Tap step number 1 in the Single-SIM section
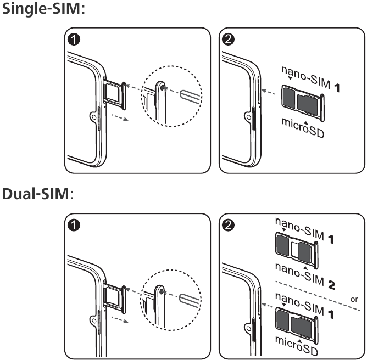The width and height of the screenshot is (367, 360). tap(73, 40)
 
